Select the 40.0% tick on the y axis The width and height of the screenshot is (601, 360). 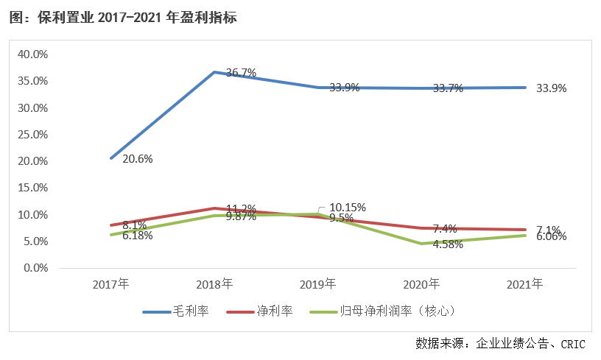click(x=32, y=54)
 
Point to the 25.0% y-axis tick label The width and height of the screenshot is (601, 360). click(x=32, y=135)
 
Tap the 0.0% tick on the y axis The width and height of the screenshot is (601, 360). click(x=35, y=268)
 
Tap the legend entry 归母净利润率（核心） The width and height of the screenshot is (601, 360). click(x=398, y=311)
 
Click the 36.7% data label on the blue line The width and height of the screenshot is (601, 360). click(x=241, y=73)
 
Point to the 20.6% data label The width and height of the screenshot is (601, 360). click(x=137, y=158)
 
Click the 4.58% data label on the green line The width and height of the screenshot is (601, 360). click(x=448, y=244)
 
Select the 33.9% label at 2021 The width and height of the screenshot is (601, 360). click(x=552, y=88)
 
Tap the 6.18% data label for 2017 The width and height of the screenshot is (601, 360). click(x=138, y=236)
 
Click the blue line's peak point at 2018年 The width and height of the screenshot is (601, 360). click(x=214, y=72)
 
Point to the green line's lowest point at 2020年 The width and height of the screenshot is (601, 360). click(x=422, y=244)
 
